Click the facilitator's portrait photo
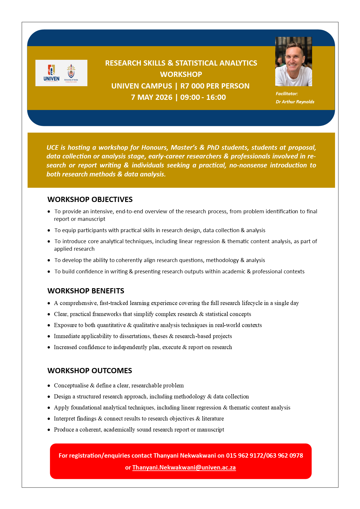coord(294,62)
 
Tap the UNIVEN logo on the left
coord(51,73)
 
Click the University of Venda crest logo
coord(71,73)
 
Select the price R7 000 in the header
coord(192,86)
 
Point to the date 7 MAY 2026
coord(152,97)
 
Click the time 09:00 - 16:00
coord(203,97)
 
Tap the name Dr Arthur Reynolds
coord(295,102)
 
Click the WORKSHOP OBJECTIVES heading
coord(90,199)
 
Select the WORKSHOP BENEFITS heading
coord(86,291)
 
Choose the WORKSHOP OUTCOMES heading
coord(90,371)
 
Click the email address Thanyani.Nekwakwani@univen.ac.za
coord(184,468)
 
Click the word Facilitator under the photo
coord(287,94)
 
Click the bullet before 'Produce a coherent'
coord(49,430)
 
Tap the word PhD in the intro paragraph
coord(213,147)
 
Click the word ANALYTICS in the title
coord(235,63)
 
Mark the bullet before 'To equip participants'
coord(49,230)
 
